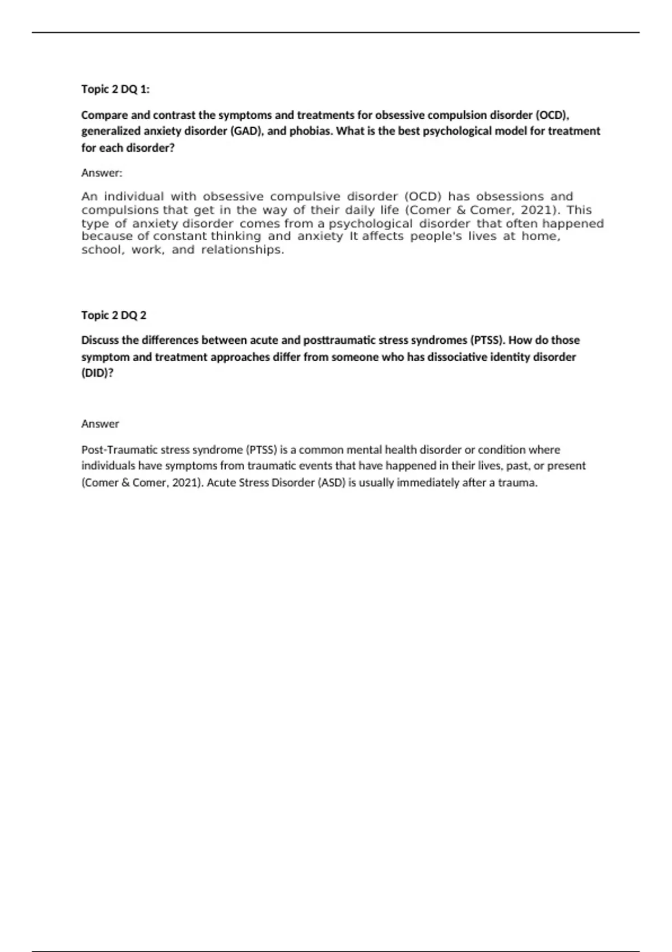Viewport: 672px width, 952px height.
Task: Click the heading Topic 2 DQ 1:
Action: pyautogui.click(x=115, y=89)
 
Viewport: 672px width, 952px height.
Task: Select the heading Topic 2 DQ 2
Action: pyautogui.click(x=114, y=315)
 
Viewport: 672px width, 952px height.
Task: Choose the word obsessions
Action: pyautogui.click(x=510, y=197)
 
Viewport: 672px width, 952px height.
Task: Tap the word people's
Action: pyautogui.click(x=436, y=236)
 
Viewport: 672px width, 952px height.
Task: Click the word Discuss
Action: pyautogui.click(x=101, y=340)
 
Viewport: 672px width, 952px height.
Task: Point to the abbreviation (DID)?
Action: pyautogui.click(x=97, y=373)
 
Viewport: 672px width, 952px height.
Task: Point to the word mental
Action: pyautogui.click(x=365, y=450)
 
